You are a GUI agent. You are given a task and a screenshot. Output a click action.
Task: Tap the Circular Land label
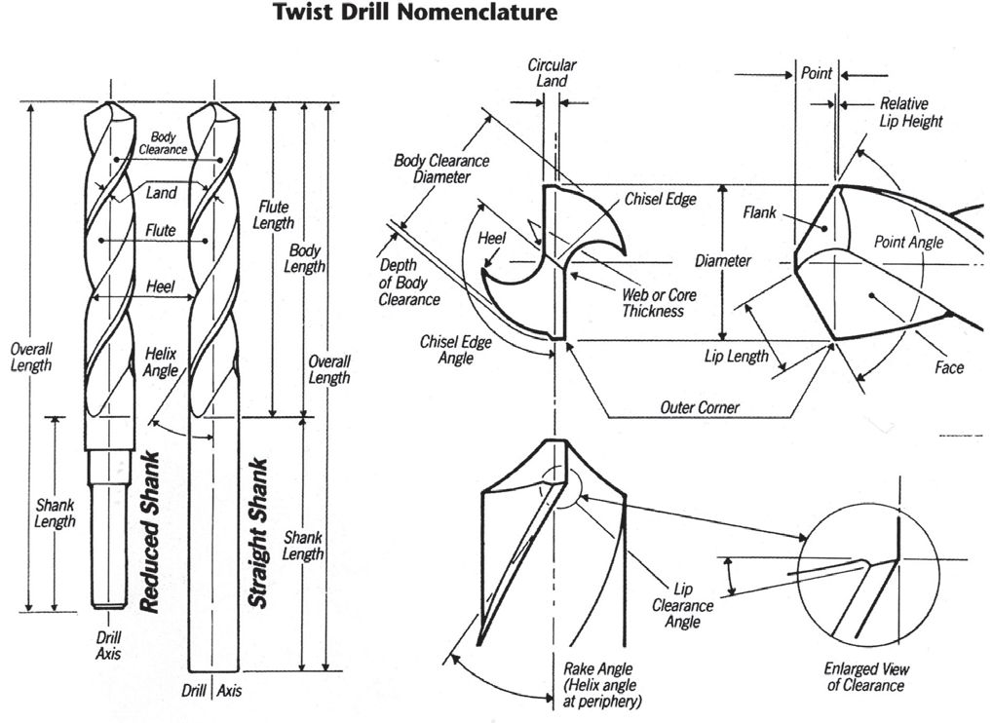(553, 73)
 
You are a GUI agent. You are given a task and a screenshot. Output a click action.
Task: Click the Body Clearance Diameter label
(440, 169)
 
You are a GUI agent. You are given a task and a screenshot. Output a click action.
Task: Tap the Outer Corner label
(699, 407)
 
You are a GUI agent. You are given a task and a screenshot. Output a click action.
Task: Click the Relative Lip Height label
(911, 112)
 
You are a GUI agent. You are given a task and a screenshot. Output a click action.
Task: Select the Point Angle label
(908, 242)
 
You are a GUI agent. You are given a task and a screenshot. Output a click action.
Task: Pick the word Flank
(759, 211)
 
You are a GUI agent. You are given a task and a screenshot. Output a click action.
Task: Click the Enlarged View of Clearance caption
(865, 677)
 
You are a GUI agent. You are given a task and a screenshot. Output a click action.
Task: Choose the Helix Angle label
(161, 361)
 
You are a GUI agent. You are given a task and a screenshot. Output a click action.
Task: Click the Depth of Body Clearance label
(409, 282)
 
